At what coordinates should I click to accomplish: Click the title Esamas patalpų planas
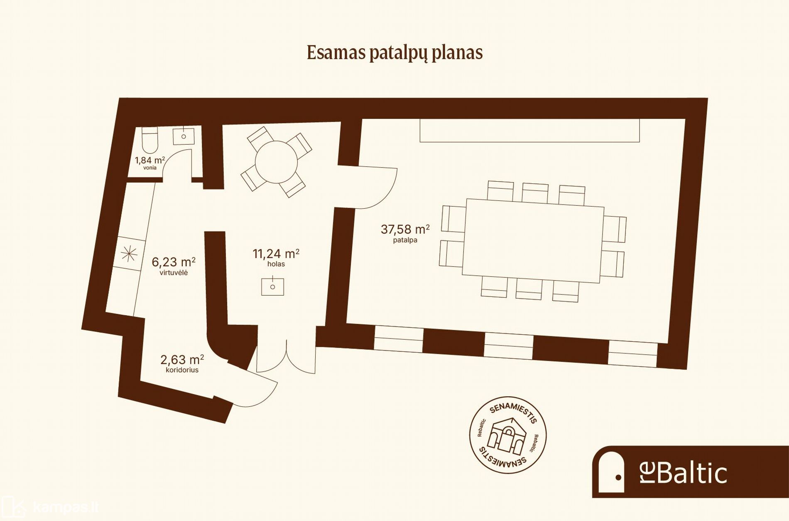pyautogui.click(x=394, y=53)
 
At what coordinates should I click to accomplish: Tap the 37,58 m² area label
pyautogui.click(x=405, y=229)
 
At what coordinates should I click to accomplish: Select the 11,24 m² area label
pyautogui.click(x=276, y=254)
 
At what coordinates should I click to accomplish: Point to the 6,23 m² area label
pyautogui.click(x=174, y=262)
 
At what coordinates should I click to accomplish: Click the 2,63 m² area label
pyautogui.click(x=182, y=360)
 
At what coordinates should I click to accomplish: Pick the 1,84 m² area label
pyautogui.click(x=150, y=160)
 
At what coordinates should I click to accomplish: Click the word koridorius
pyautogui.click(x=182, y=370)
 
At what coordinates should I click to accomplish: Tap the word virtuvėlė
pyautogui.click(x=174, y=273)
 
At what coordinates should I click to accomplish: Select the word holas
pyautogui.click(x=276, y=264)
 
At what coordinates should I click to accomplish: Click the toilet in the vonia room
pyautogui.click(x=150, y=140)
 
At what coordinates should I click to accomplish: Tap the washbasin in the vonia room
pyautogui.click(x=184, y=136)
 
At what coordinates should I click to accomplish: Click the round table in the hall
pyautogui.click(x=276, y=162)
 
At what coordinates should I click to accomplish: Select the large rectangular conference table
pyautogui.click(x=533, y=241)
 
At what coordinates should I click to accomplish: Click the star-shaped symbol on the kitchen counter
pyautogui.click(x=129, y=253)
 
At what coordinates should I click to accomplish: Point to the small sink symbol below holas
pyautogui.click(x=272, y=286)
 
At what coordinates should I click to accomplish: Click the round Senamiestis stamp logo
pyautogui.click(x=508, y=435)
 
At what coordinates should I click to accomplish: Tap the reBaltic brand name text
pyautogui.click(x=683, y=473)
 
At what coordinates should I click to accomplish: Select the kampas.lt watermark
pyautogui.click(x=50, y=508)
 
